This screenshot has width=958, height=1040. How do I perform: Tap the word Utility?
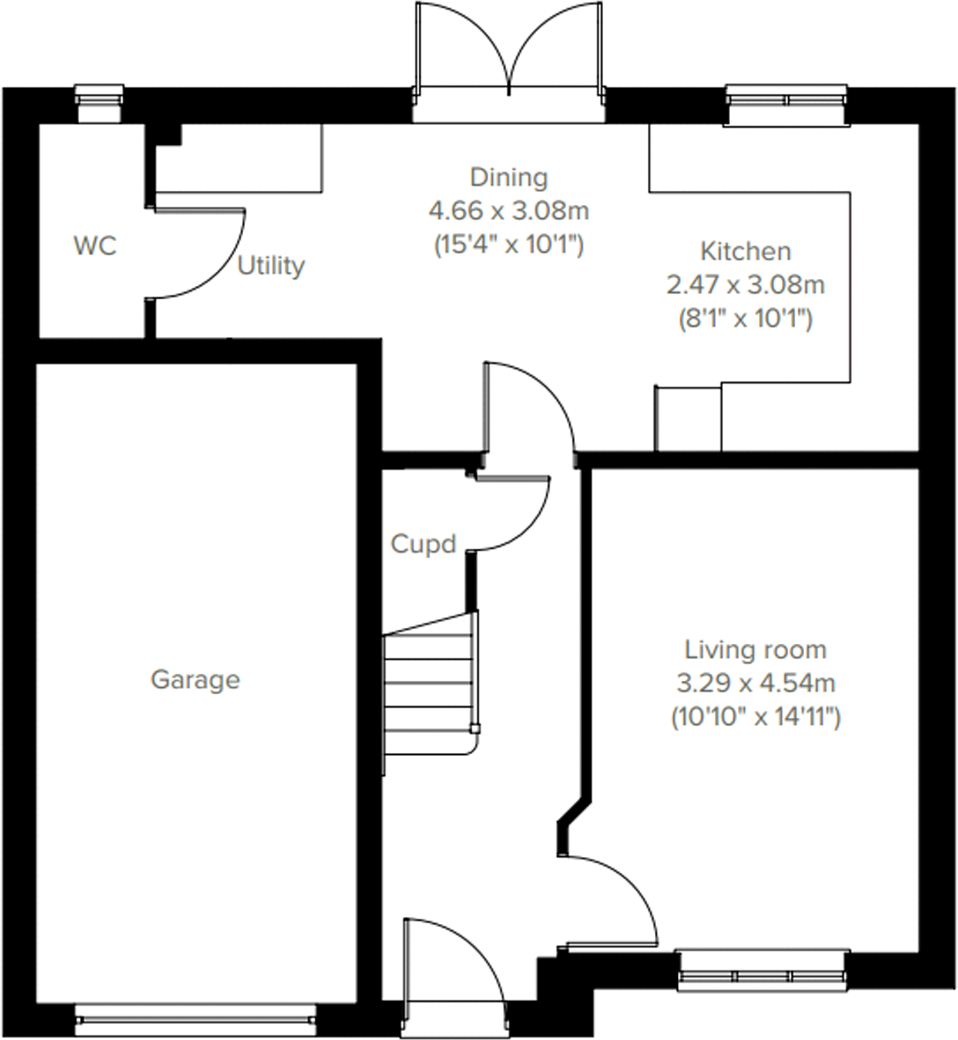click(271, 266)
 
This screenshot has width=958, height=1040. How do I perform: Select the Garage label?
click(195, 680)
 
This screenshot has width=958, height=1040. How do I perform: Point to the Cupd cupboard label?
click(423, 544)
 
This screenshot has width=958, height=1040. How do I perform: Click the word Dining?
click(509, 177)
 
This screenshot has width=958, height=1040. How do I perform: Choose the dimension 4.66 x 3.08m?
click(509, 210)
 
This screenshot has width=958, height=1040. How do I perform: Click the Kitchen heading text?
click(745, 251)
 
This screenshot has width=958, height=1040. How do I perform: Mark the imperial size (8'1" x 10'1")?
click(745, 319)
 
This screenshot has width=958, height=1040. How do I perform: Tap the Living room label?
click(755, 650)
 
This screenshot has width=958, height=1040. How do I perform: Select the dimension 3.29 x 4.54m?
click(755, 683)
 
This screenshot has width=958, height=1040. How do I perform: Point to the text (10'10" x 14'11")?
click(755, 717)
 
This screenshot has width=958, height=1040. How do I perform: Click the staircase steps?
click(429, 693)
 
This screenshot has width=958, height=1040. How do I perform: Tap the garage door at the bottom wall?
click(195, 1021)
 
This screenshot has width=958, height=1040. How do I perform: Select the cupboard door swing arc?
click(529, 528)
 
